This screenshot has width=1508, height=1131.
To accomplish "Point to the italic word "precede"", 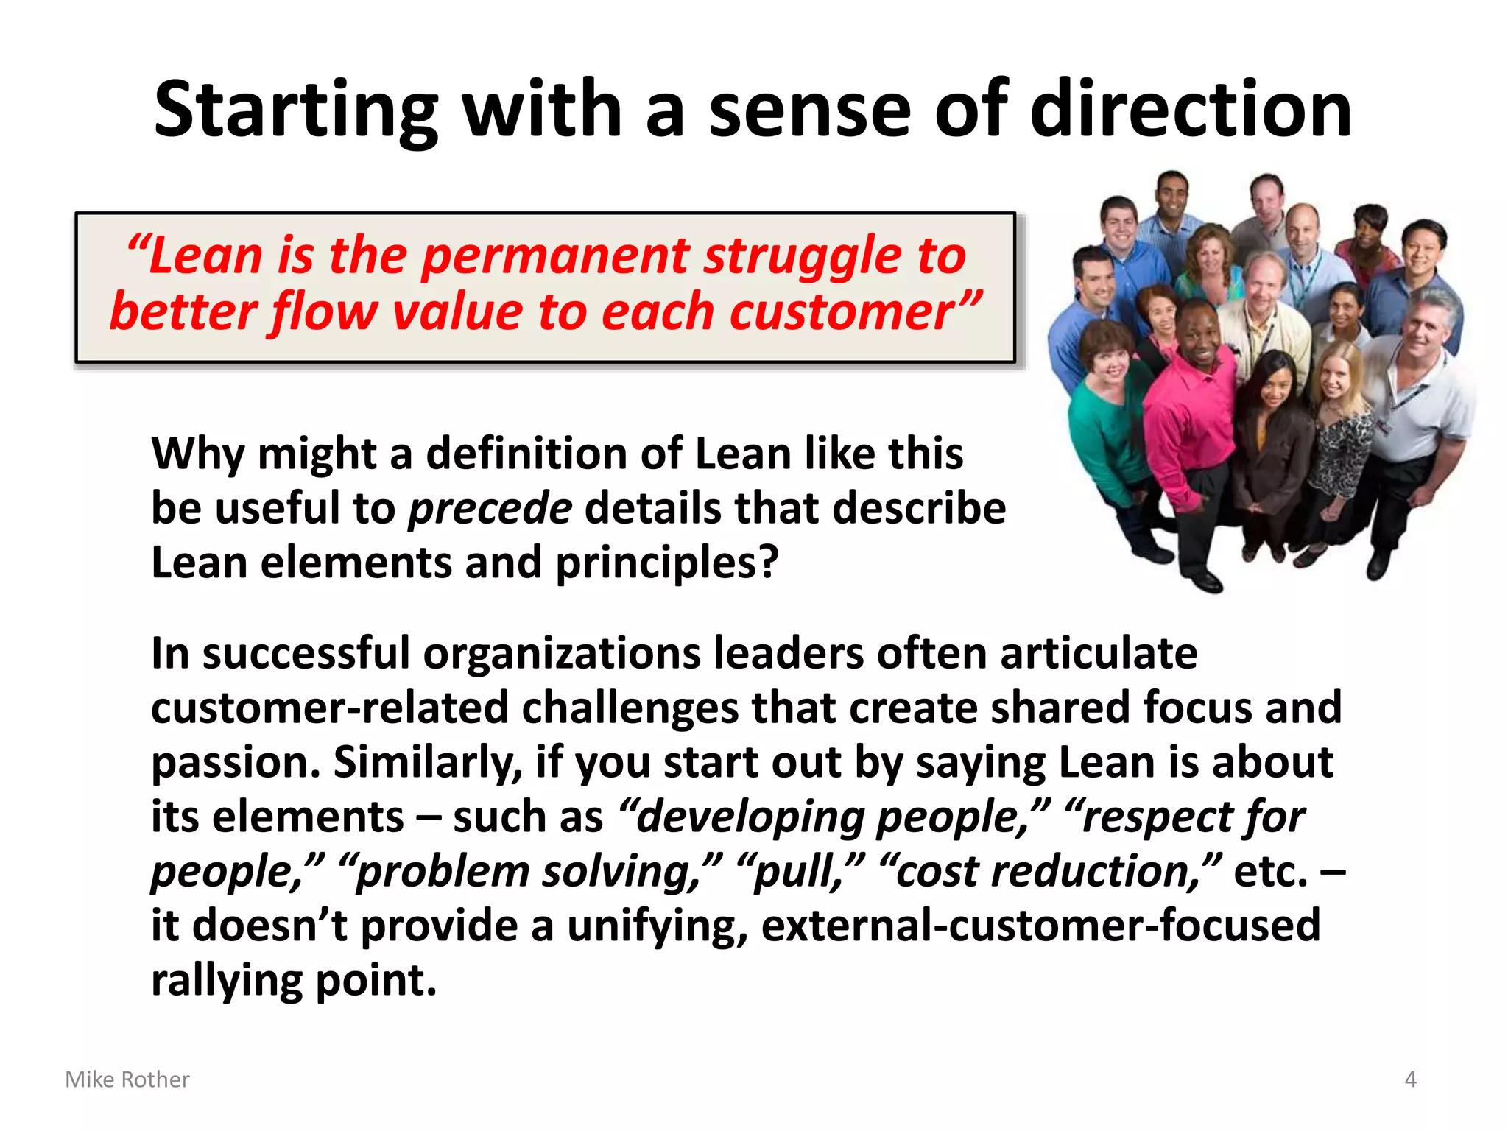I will tap(490, 508).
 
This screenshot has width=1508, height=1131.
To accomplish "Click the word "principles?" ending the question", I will tap(666, 563).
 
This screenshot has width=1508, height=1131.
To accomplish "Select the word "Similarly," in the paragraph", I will tap(427, 762).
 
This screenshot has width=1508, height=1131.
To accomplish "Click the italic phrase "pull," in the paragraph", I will tap(799, 871).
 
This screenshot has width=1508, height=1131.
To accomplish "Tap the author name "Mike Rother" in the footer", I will tap(127, 1079).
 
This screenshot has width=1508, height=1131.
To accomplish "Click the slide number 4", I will tap(1410, 1079).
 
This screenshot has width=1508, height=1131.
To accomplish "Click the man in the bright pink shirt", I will tap(1193, 412).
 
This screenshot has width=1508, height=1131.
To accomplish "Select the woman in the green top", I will tap(1104, 420).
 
